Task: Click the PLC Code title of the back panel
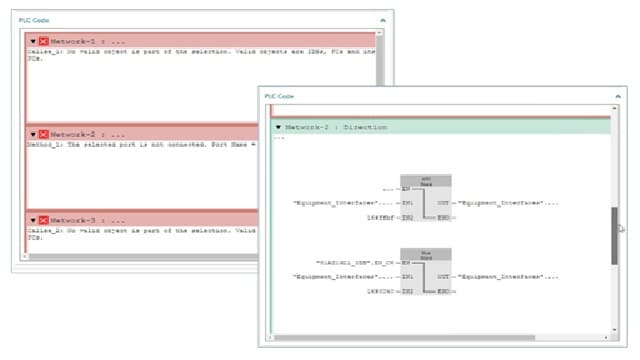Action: [x=35, y=19]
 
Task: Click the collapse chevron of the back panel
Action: [x=382, y=19]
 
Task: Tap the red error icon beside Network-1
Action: [x=43, y=40]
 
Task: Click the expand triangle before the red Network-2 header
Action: [x=33, y=133]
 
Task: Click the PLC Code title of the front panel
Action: [x=279, y=96]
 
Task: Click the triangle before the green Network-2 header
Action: [x=277, y=128]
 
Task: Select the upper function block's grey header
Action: [x=425, y=181]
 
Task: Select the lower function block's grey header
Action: [x=425, y=255]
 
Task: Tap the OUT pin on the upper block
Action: [x=443, y=203]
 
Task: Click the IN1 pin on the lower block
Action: [x=407, y=276]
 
